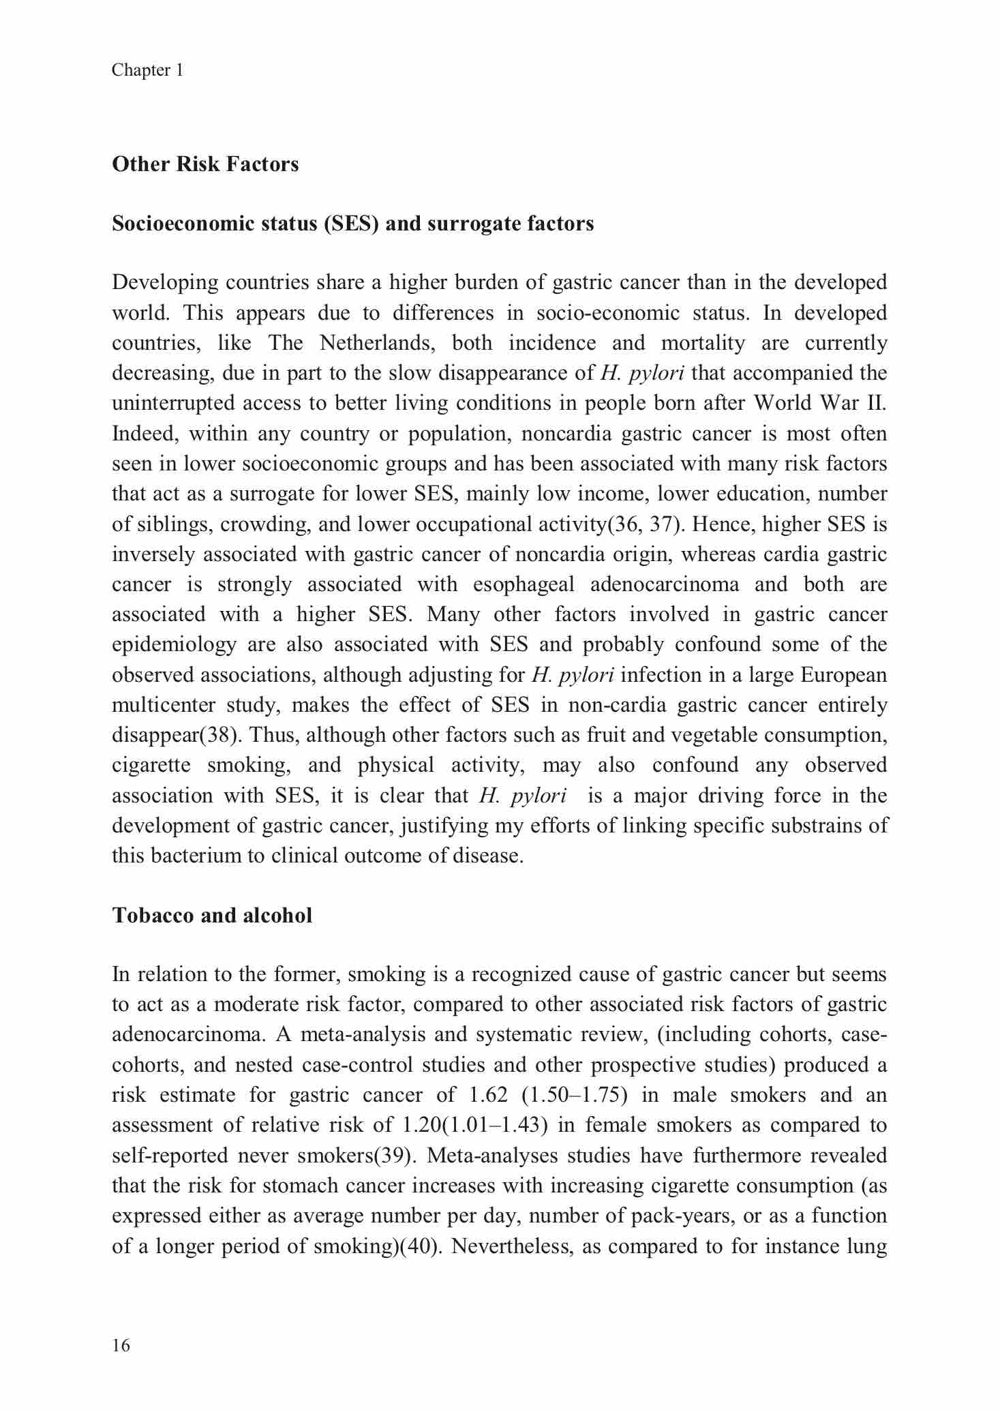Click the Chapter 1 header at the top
(147, 70)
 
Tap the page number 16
(121, 1345)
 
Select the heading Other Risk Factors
(205, 164)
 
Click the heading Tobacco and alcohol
(212, 915)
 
